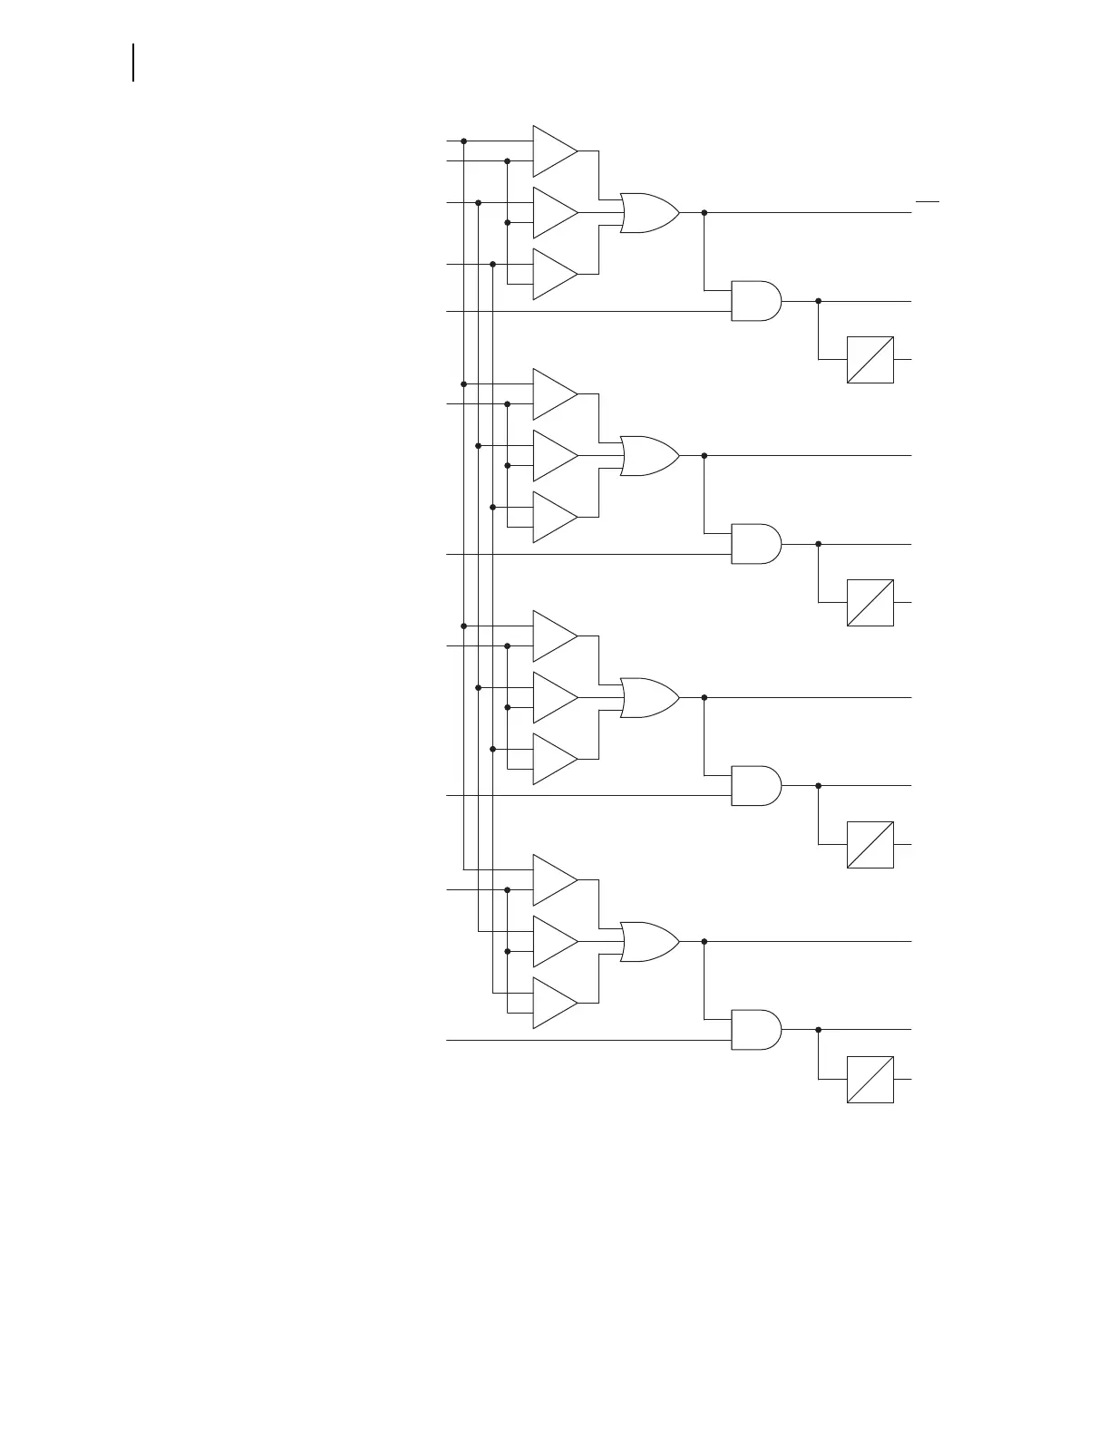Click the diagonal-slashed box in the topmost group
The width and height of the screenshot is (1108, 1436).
[870, 360]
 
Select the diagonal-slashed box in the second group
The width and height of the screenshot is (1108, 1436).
[870, 603]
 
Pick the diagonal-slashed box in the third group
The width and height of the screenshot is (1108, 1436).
[870, 845]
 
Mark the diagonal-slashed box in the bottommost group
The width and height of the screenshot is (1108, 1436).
[870, 1080]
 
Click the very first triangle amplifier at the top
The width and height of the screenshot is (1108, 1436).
[553, 151]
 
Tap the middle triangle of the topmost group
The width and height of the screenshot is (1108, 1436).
[553, 213]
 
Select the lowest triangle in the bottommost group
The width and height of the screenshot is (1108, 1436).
[553, 1003]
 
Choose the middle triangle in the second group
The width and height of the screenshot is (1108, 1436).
[553, 455]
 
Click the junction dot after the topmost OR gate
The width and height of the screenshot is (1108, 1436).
[705, 213]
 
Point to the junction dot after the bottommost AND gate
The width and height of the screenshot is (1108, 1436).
[818, 1030]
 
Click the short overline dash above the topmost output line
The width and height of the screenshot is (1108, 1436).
[927, 199]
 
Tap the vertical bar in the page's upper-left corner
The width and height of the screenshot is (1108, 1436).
[134, 63]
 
